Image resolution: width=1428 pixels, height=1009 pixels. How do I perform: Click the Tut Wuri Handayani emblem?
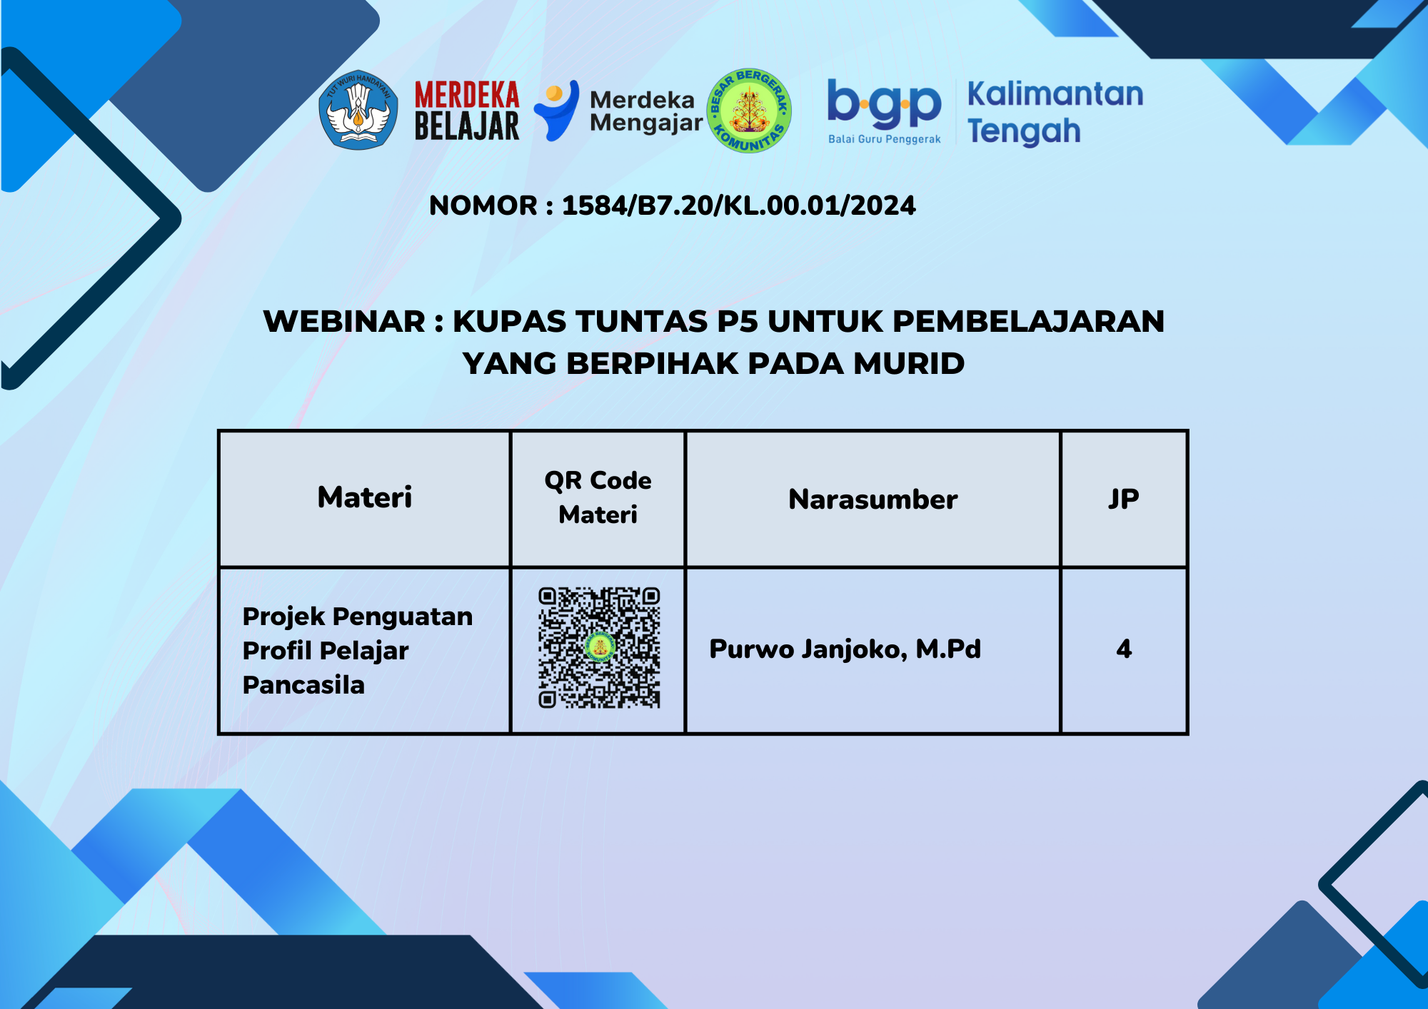(x=358, y=110)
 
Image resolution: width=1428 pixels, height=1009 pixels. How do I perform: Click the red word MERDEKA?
(x=467, y=95)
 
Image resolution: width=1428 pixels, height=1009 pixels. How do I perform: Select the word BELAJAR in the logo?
(x=467, y=126)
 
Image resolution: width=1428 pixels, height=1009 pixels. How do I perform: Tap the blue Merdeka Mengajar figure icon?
(x=557, y=110)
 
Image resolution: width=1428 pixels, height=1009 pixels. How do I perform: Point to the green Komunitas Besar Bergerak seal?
(x=749, y=111)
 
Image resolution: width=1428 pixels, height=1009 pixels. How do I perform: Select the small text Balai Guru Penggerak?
(x=885, y=139)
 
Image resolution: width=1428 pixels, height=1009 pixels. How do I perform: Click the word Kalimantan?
(x=1055, y=94)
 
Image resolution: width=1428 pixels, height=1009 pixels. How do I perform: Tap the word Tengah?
(x=1024, y=132)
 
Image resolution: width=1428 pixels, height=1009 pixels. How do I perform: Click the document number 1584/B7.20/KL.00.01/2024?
(x=739, y=206)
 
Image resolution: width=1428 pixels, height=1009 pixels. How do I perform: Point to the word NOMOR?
(x=483, y=206)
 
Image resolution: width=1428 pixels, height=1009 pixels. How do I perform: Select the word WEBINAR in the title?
(x=344, y=321)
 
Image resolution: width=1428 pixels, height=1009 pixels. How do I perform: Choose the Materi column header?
(x=365, y=497)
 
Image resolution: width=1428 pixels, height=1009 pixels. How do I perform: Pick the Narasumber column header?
(x=873, y=500)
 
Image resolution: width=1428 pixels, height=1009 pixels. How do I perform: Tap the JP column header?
(x=1124, y=499)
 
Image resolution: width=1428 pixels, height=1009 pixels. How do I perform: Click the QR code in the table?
(x=599, y=648)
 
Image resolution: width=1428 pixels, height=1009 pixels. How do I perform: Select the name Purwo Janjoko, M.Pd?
(x=845, y=649)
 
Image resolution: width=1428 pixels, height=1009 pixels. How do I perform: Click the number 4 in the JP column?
(x=1124, y=649)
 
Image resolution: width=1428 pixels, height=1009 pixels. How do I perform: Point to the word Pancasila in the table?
(x=303, y=685)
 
